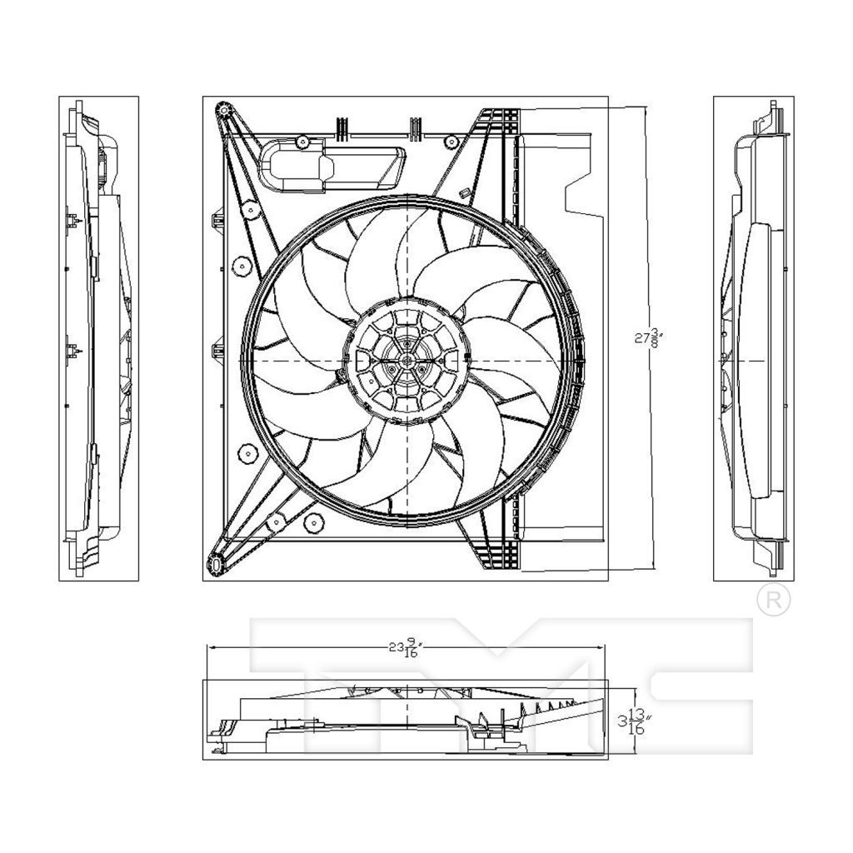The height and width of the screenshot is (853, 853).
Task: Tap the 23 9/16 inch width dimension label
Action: [407, 648]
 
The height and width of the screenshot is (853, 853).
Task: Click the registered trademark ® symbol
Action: [772, 599]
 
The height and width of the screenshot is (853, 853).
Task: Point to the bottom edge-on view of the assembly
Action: [406, 720]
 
